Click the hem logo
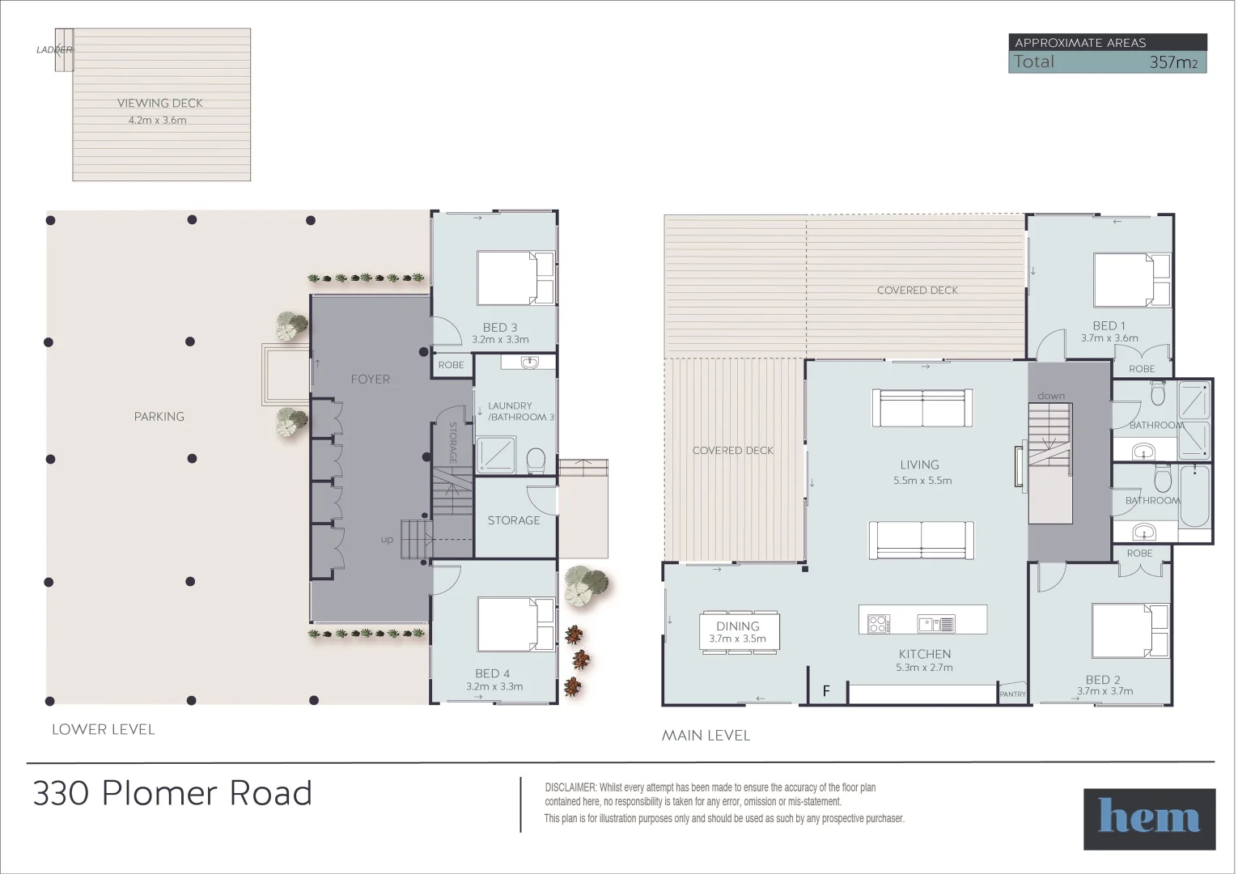pos(1148,818)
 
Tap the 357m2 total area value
pos(1172,62)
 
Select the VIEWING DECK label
pos(159,103)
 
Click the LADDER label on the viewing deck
pos(54,49)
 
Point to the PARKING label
pos(159,416)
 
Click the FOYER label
pos(370,379)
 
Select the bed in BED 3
pos(515,278)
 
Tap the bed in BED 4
pos(515,624)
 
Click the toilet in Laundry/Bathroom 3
pos(536,461)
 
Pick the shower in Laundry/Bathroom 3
pos(494,454)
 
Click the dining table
pos(739,631)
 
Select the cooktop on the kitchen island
pos(878,623)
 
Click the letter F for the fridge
pos(825,691)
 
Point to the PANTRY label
pos(1012,694)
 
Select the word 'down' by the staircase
pos(1050,396)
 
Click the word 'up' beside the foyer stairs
pos(387,540)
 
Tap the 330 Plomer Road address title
pos(172,793)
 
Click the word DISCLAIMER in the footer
pos(570,787)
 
